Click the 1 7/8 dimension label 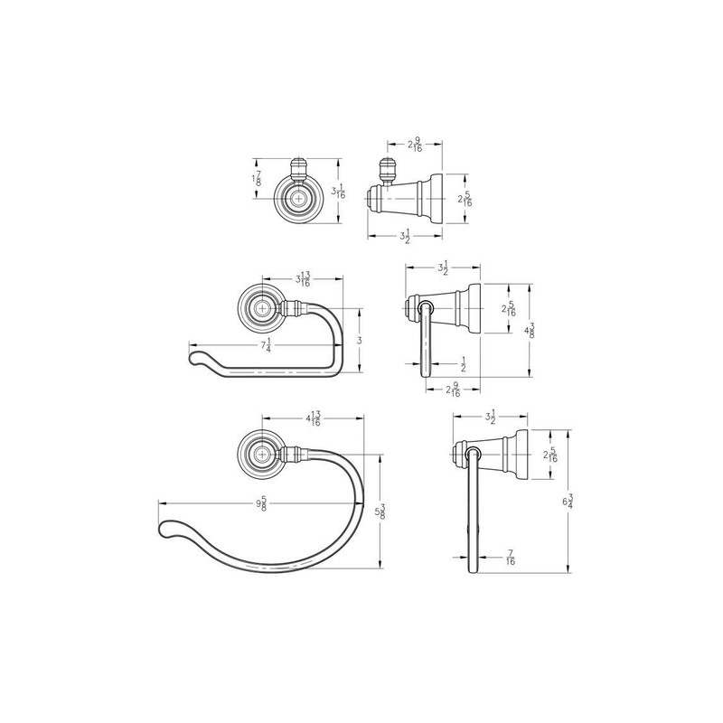(x=258, y=178)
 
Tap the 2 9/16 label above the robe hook (x=415, y=145)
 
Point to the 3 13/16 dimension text (x=303, y=279)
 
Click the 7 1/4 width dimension (x=266, y=345)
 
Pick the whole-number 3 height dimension (x=360, y=341)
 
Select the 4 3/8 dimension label (x=530, y=330)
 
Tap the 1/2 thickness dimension (x=463, y=364)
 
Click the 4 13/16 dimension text (x=314, y=418)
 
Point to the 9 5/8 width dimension (x=262, y=503)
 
